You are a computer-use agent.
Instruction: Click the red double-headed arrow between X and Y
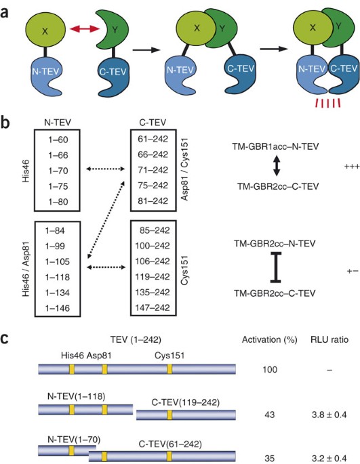[85, 28]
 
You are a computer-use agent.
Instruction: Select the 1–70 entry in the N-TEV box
[58, 171]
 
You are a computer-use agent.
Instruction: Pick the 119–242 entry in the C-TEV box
[153, 276]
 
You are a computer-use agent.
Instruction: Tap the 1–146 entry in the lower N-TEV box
[58, 308]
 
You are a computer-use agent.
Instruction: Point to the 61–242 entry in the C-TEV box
[153, 139]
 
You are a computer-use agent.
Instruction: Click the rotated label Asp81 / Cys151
[184, 170]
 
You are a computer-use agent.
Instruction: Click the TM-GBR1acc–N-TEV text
[275, 146]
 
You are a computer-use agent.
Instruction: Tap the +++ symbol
[352, 167]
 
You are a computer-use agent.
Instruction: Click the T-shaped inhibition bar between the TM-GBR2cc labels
[276, 267]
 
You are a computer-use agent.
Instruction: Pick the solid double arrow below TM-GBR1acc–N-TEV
[276, 166]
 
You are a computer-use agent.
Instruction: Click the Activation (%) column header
[270, 340]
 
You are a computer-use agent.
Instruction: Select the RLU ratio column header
[329, 340]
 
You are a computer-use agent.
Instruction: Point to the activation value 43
[270, 415]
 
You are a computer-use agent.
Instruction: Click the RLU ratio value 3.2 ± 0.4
[329, 459]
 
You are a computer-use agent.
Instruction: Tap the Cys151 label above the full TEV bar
[169, 356]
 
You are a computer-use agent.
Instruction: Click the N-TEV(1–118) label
[76, 396]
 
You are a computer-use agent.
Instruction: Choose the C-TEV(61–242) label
[170, 444]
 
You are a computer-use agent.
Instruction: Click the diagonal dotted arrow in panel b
[106, 220]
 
